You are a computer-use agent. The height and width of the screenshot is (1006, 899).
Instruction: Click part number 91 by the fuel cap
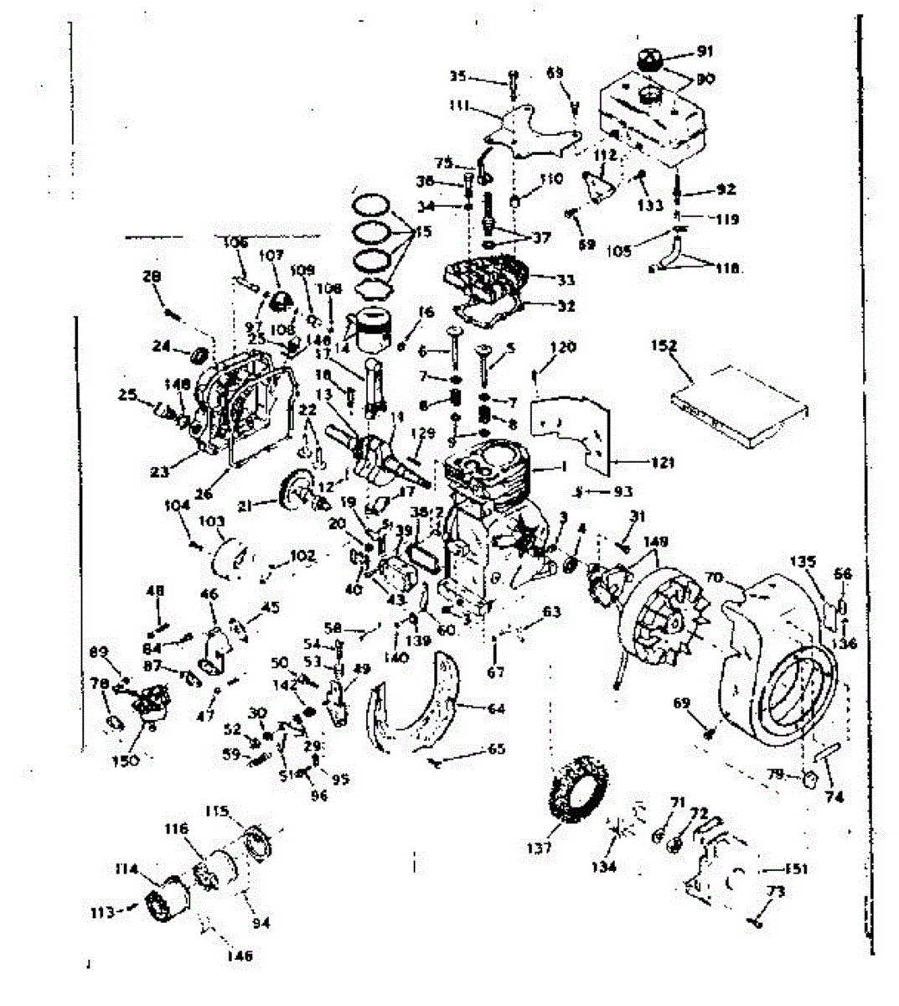click(705, 53)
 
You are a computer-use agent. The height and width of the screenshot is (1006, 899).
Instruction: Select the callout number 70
click(713, 577)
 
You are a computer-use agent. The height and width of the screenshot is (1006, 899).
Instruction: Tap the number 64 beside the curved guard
click(496, 709)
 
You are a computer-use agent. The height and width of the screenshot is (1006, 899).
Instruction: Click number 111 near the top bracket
click(457, 108)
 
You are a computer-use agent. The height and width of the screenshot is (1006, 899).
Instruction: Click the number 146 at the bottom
click(240, 955)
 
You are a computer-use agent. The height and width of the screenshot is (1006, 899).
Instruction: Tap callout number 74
click(834, 797)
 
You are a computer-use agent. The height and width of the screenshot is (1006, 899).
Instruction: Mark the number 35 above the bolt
click(457, 76)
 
